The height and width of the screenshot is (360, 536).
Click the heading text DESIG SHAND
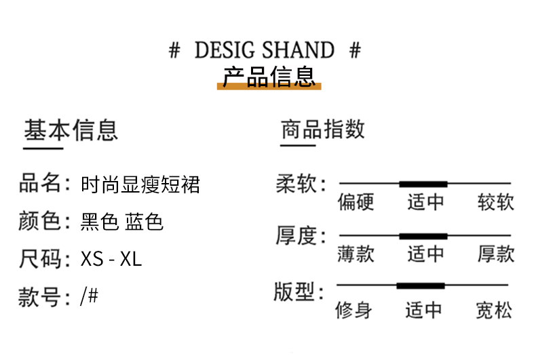pyautogui.click(x=264, y=50)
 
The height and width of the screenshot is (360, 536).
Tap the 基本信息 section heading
pyautogui.click(x=71, y=130)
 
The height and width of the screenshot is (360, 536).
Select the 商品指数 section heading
pyautogui.click(x=323, y=129)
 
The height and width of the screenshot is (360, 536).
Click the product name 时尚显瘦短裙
pyautogui.click(x=140, y=184)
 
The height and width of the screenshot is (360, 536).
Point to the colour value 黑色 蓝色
pyautogui.click(x=122, y=222)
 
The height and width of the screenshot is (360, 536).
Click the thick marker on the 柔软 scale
pyautogui.click(x=423, y=184)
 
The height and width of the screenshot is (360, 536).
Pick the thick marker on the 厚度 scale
pyautogui.click(x=423, y=236)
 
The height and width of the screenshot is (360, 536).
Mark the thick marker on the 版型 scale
pyautogui.click(x=421, y=285)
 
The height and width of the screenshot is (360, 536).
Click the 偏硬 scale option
pyautogui.click(x=356, y=202)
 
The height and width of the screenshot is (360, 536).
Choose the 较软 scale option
pyautogui.click(x=496, y=202)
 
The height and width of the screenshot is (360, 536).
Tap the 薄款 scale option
pyautogui.click(x=356, y=254)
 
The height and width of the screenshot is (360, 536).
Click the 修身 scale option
pyautogui.click(x=353, y=311)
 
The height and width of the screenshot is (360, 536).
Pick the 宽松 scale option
pyautogui.click(x=494, y=311)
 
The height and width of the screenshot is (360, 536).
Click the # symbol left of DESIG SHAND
pyautogui.click(x=174, y=50)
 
